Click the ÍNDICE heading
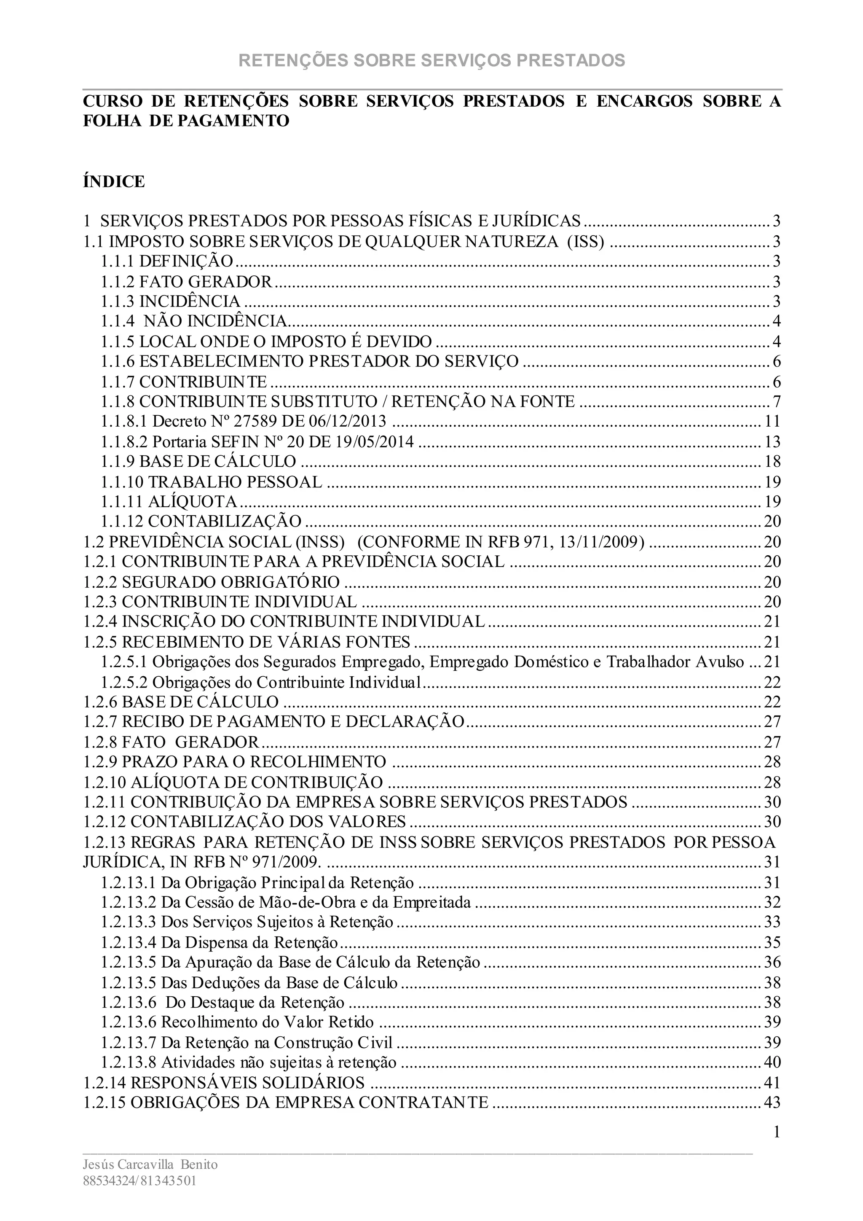114,181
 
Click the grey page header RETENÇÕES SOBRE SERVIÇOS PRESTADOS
431,61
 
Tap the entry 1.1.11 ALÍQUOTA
169,501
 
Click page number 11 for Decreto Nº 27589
772,421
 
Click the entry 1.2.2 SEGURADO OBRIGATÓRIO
212,582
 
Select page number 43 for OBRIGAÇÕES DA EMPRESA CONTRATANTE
772,1103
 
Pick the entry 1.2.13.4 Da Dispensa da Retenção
220,943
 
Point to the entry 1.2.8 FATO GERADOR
171,742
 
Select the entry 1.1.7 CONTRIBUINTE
184,381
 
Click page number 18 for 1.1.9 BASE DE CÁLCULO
772,462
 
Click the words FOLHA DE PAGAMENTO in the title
186,121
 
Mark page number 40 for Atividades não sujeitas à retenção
772,1062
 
